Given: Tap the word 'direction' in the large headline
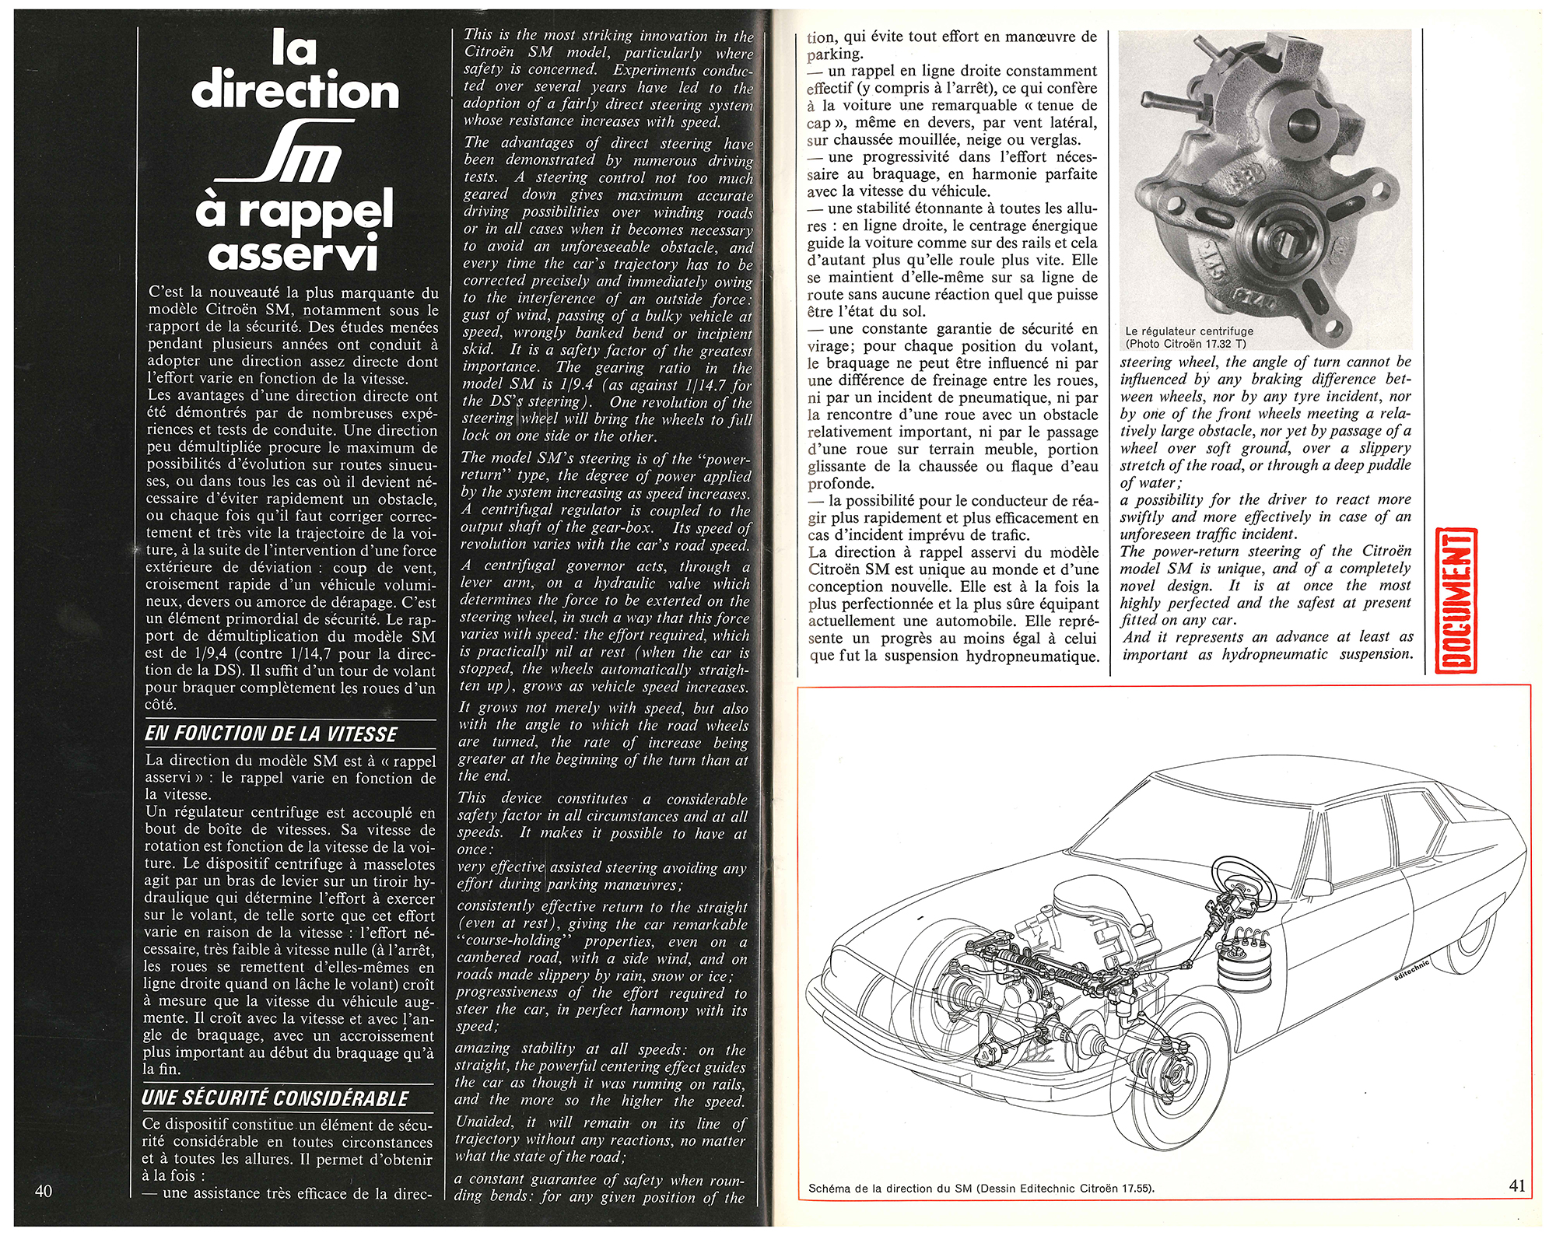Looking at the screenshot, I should pyautogui.click(x=296, y=91).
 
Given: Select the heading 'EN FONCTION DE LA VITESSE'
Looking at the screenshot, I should pyautogui.click(x=271, y=734).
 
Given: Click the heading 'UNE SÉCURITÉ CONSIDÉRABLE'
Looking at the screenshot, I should pyautogui.click(x=275, y=1098).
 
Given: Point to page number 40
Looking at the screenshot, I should pyautogui.click(x=44, y=1191).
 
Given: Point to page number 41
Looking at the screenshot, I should pyautogui.click(x=1517, y=1185).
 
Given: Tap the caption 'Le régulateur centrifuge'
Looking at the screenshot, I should pyautogui.click(x=1190, y=331).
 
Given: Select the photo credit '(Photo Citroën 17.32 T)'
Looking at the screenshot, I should pyautogui.click(x=1186, y=343).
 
